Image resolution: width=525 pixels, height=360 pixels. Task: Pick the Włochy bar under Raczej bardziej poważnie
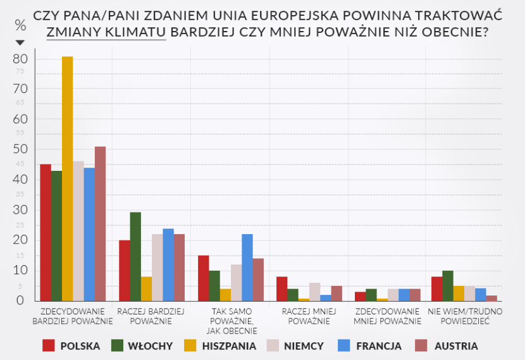pyautogui.click(x=135, y=256)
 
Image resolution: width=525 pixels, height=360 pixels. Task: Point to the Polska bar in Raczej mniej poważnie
pyautogui.click(x=281, y=289)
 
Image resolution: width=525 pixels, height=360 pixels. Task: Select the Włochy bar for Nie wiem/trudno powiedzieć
pyautogui.click(x=447, y=285)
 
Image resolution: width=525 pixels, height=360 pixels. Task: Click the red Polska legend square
pyautogui.click(x=49, y=345)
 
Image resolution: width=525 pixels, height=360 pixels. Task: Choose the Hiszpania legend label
pyautogui.click(x=229, y=345)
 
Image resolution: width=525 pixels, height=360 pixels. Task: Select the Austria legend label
pyautogui.click(x=455, y=345)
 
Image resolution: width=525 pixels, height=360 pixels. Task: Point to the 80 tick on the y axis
pyautogui.click(x=21, y=58)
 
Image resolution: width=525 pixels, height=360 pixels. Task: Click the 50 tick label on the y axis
pyautogui.click(x=21, y=149)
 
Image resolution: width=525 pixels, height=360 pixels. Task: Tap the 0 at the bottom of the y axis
pyautogui.click(x=21, y=301)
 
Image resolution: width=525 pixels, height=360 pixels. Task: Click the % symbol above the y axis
pyautogui.click(x=20, y=26)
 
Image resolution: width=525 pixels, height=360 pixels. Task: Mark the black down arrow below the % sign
pyautogui.click(x=20, y=42)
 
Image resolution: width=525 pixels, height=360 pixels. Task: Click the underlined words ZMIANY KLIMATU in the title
pyautogui.click(x=106, y=32)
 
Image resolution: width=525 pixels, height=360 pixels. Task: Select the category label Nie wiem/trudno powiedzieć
pyautogui.click(x=465, y=316)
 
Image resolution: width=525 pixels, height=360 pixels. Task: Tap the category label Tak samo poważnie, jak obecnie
pyautogui.click(x=232, y=320)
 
